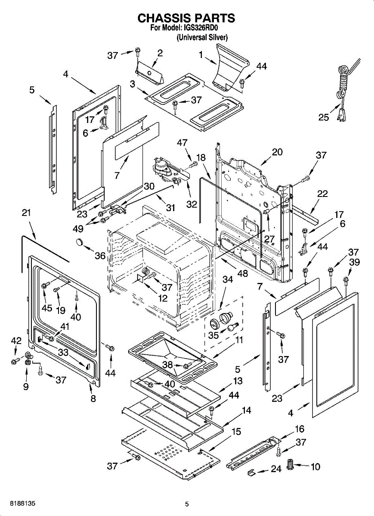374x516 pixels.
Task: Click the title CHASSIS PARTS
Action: click(x=186, y=18)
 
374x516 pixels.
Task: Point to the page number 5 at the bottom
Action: click(x=187, y=504)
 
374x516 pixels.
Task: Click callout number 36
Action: click(x=100, y=256)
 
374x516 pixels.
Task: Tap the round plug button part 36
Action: click(x=80, y=242)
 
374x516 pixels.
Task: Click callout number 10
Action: click(x=315, y=466)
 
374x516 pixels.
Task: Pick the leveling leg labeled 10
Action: click(x=291, y=464)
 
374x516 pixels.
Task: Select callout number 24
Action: click(x=276, y=469)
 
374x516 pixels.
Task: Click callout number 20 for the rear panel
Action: click(x=277, y=152)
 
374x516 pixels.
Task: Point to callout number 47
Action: click(x=182, y=143)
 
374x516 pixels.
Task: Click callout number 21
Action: click(x=26, y=213)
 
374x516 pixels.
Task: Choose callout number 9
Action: click(x=26, y=387)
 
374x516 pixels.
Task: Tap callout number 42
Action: click(x=16, y=341)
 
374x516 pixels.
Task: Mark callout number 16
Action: click(x=300, y=429)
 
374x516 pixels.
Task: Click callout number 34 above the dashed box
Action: click(x=227, y=279)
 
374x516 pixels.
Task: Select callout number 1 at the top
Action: click(x=201, y=55)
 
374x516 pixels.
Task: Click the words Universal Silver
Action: click(x=202, y=37)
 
